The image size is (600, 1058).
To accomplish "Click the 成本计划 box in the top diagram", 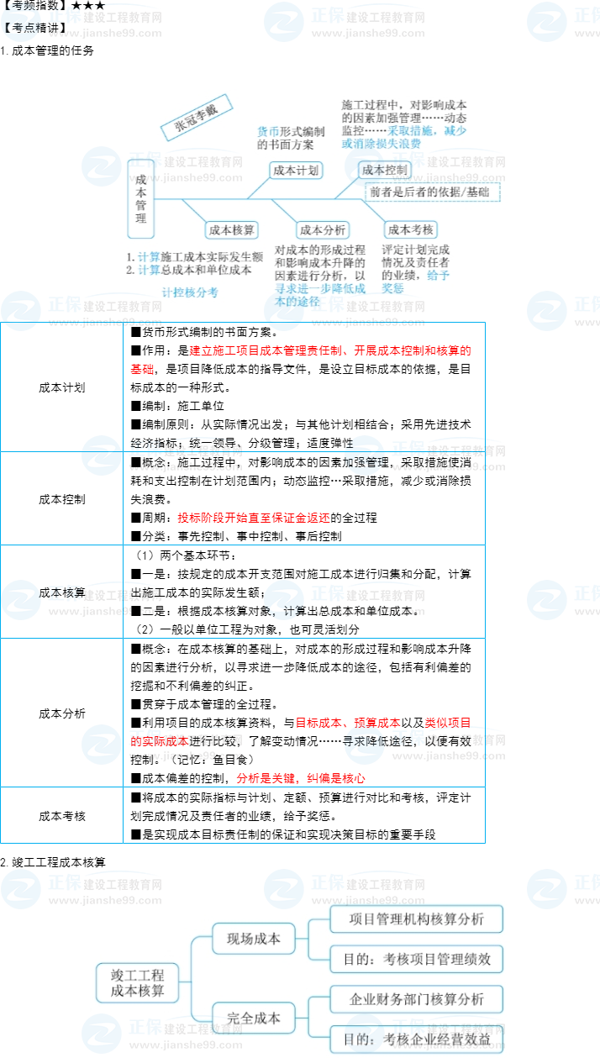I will click(x=296, y=171).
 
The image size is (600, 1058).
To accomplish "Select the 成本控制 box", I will click(x=385, y=171).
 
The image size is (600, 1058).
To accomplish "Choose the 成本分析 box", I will click(x=323, y=230).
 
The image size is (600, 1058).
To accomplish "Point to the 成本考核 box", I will click(x=411, y=230).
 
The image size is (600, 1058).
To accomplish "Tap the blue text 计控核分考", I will click(x=190, y=292).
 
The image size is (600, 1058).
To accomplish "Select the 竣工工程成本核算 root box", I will click(x=137, y=983).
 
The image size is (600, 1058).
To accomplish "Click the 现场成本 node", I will click(x=254, y=939).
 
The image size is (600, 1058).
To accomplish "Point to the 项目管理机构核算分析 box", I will click(x=417, y=919).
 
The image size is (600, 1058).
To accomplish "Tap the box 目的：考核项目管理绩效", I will click(x=417, y=959).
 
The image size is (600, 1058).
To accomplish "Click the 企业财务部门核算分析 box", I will click(x=417, y=999).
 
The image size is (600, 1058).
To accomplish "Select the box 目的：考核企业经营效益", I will click(x=417, y=1040).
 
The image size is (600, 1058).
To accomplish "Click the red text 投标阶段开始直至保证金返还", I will click(x=254, y=518).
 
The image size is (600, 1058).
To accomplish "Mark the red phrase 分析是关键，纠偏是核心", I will click(x=301, y=779).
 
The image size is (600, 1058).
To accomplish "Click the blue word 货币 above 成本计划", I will click(x=268, y=131).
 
